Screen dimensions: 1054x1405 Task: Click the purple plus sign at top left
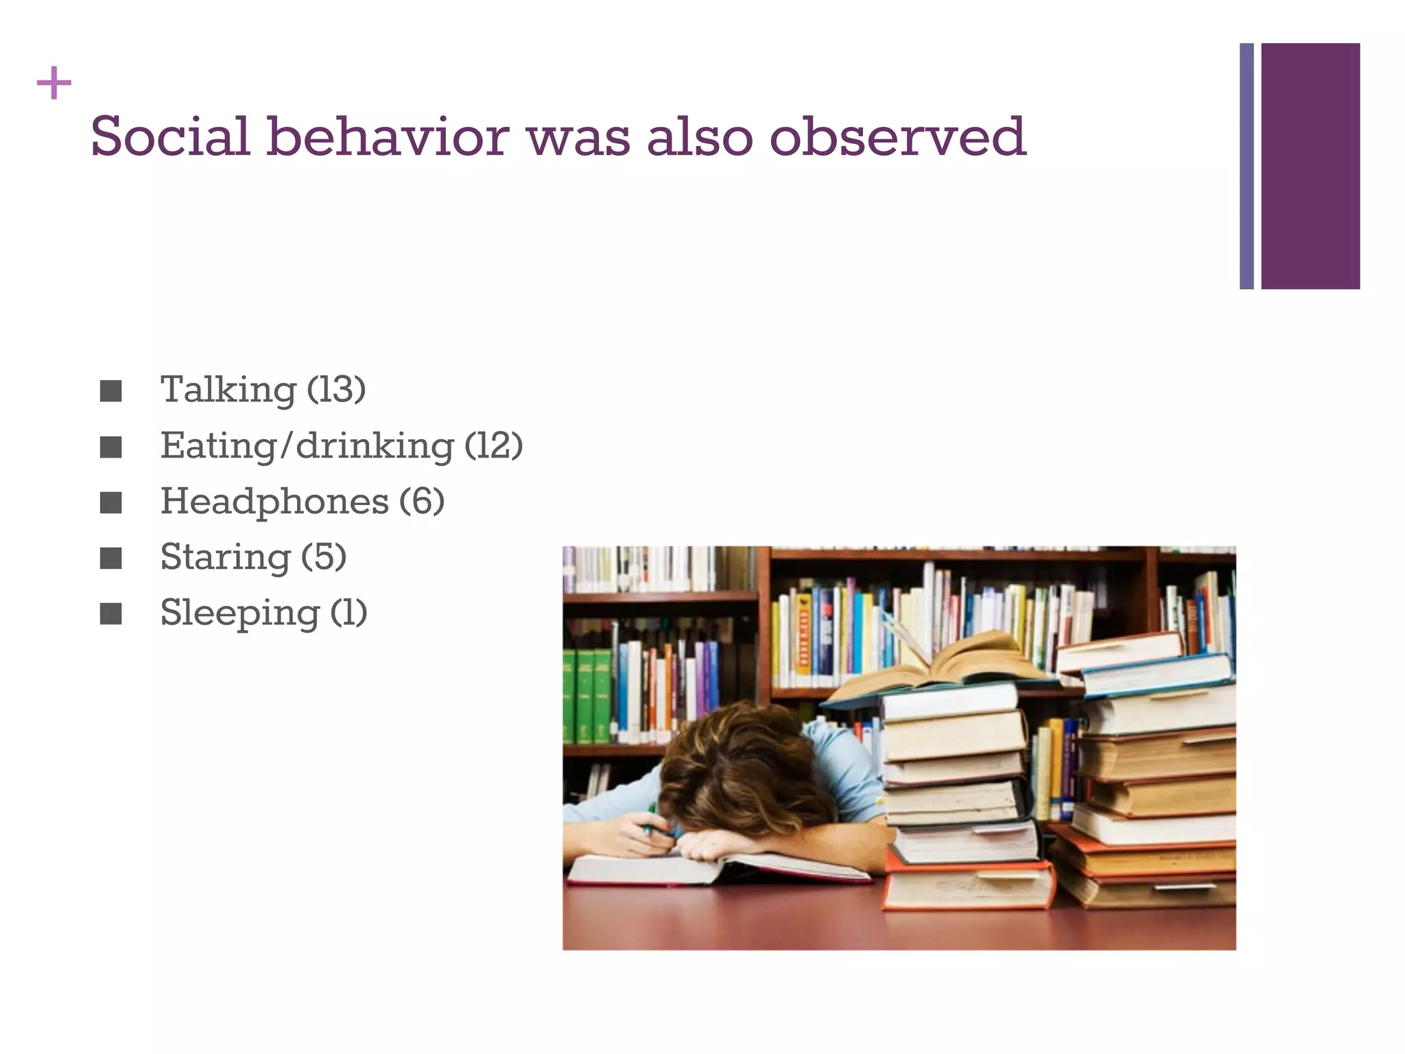[54, 84]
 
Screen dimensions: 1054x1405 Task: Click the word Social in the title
[169, 137]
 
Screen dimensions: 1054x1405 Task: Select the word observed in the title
[897, 137]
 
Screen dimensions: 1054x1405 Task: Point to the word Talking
[228, 390]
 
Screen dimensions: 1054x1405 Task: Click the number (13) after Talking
[336, 390]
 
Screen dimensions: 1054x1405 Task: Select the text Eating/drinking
[307, 447]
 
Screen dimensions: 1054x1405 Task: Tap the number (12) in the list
[493, 446]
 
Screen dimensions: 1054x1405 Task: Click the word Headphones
[274, 502]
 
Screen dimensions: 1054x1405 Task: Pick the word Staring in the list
[225, 557]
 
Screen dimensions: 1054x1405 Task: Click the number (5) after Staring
[324, 557]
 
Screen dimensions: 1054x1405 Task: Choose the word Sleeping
[239, 613]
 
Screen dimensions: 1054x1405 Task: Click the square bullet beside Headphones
[110, 503]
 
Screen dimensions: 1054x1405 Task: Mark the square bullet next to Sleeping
[110, 614]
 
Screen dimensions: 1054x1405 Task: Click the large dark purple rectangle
[1310, 166]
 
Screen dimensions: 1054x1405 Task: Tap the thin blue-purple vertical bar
[1247, 166]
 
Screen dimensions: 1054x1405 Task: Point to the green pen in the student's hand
[649, 819]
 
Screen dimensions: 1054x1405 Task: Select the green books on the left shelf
[587, 693]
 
